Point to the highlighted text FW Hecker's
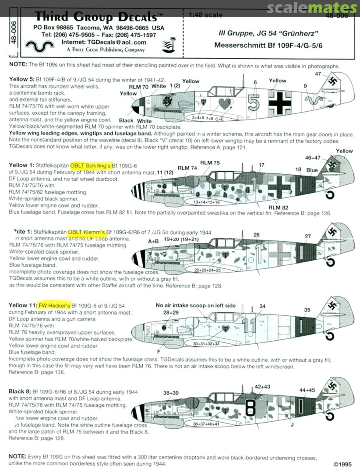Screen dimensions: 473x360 53,304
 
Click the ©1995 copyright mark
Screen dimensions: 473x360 342,464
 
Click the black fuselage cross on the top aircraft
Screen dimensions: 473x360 278,102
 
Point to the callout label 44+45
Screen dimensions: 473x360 307,390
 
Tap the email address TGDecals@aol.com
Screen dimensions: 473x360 104,42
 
